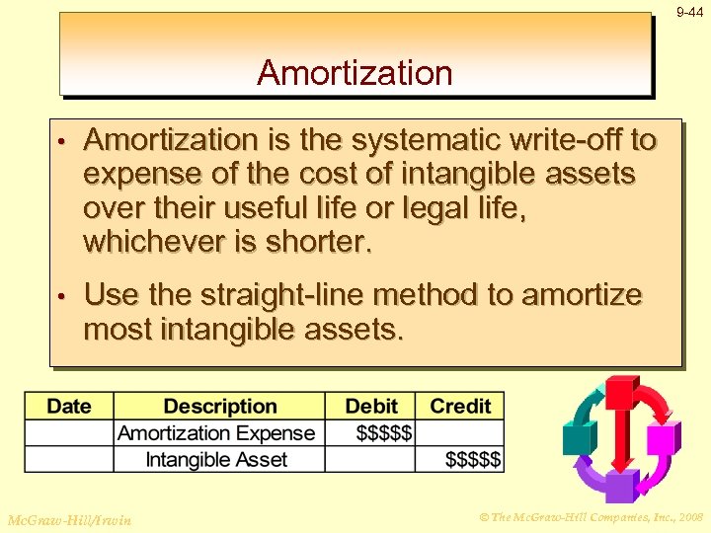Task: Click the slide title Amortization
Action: point(355,73)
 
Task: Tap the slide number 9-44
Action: point(689,13)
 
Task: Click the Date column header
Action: point(69,407)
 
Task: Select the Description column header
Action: point(220,407)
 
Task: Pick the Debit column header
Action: point(371,407)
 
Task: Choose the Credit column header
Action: point(460,407)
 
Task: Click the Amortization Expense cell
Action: point(216,433)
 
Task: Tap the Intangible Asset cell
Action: point(216,459)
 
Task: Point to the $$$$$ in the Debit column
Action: point(384,433)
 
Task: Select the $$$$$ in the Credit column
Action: point(473,459)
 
